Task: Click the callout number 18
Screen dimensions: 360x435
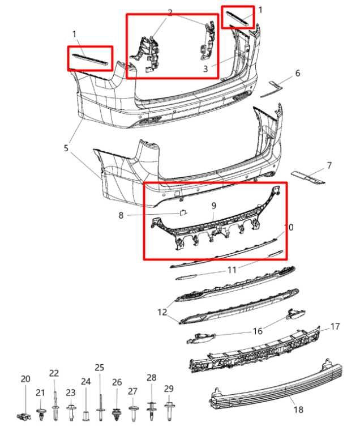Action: [298, 410]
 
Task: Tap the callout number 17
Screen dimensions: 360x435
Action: [335, 326]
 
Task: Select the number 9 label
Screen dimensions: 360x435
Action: [213, 206]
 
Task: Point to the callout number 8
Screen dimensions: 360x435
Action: [121, 215]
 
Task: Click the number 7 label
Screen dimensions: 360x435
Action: [329, 166]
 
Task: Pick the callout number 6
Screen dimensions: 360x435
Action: [298, 73]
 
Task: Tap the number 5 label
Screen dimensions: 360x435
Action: [66, 148]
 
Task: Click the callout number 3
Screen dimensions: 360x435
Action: [205, 69]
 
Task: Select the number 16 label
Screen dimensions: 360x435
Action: [258, 331]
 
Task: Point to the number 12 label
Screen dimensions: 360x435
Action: [162, 312]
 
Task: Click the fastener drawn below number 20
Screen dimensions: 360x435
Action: [24, 416]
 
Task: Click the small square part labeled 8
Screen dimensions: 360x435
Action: [183, 213]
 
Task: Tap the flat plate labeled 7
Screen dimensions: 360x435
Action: [308, 177]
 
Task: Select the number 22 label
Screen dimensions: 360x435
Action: [54, 373]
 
